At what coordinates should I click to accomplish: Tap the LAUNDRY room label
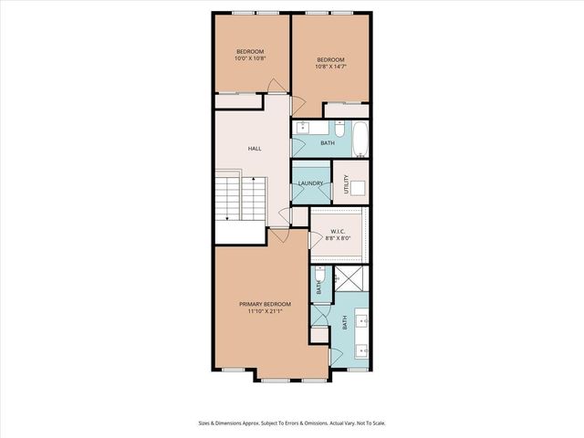pyautogui.click(x=310, y=183)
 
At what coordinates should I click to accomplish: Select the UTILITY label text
pyautogui.click(x=346, y=182)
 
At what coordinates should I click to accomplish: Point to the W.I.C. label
pyautogui.click(x=339, y=230)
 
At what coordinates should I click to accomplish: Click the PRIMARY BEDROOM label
pyautogui.click(x=265, y=304)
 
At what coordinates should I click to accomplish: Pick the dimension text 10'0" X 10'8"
pyautogui.click(x=250, y=58)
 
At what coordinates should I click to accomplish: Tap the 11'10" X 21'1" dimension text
pyautogui.click(x=265, y=312)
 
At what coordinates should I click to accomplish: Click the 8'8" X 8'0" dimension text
pyautogui.click(x=339, y=239)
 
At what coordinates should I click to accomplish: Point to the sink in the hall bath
pyautogui.click(x=302, y=127)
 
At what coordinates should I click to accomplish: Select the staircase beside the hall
pyautogui.click(x=239, y=199)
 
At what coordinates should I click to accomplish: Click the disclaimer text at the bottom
pyautogui.click(x=291, y=422)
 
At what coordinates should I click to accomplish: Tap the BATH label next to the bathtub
pyautogui.click(x=327, y=143)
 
